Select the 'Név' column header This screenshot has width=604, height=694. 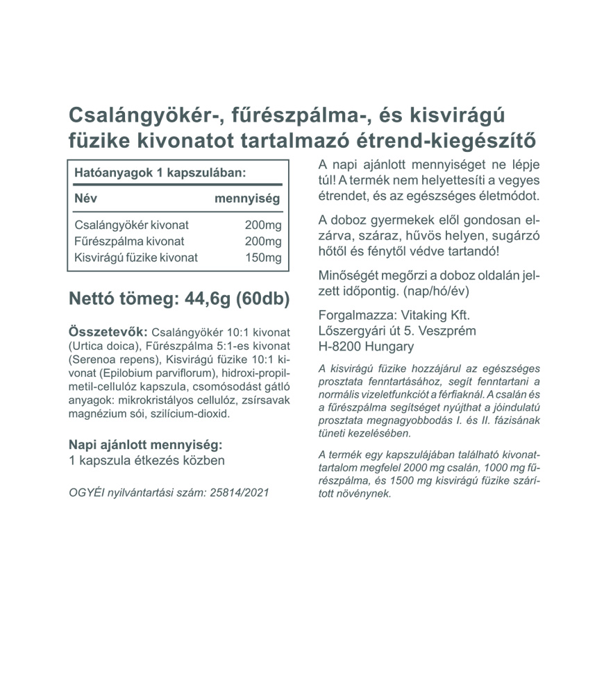85,198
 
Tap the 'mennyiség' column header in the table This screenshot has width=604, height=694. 248,198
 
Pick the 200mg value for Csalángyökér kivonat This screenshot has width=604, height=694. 263,226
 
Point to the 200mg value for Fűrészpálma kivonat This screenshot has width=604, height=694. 263,242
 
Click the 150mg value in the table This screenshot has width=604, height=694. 263,257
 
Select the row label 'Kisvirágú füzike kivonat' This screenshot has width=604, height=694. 136,257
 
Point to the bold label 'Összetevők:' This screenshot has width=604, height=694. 108,331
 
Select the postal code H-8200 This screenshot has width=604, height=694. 338,346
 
